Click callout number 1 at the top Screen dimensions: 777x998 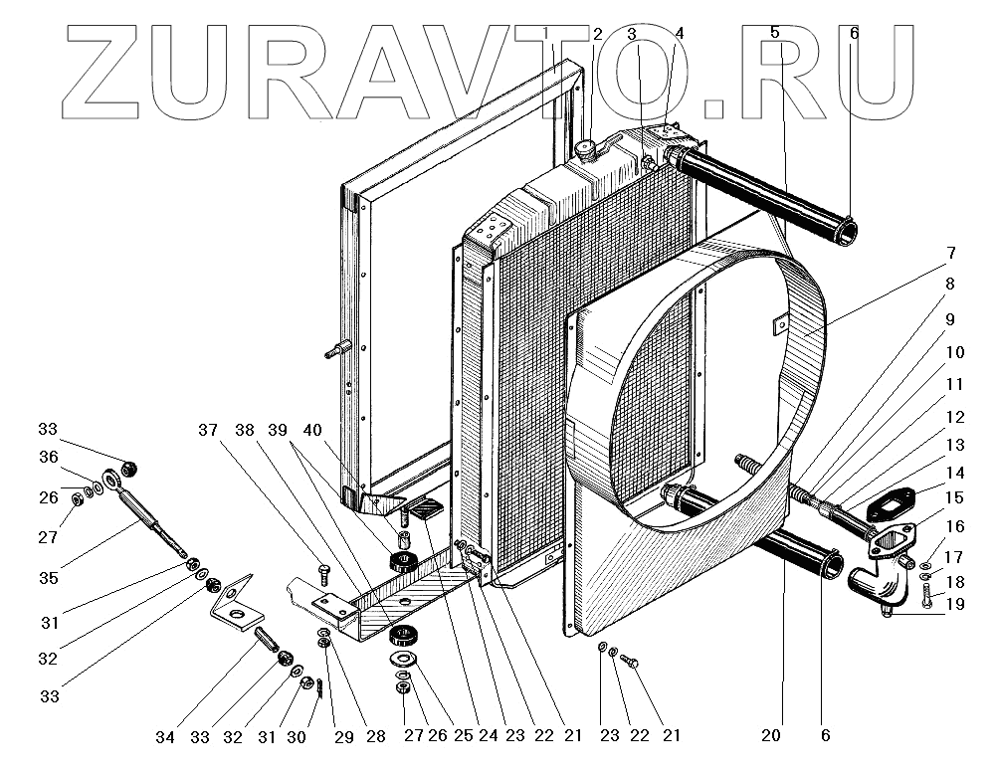pyautogui.click(x=547, y=32)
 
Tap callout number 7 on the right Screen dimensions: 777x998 pyautogui.click(x=951, y=253)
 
